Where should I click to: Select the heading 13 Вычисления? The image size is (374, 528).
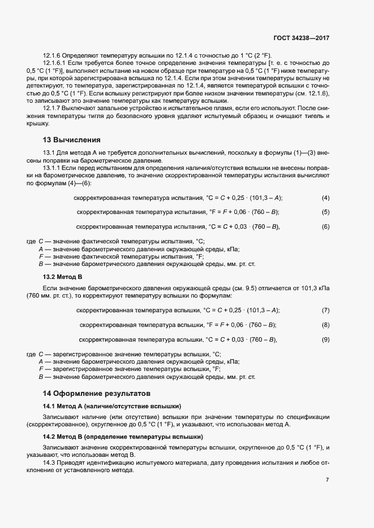72,139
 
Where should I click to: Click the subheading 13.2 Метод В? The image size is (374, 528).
63,277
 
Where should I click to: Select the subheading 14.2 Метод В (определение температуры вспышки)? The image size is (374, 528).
123,437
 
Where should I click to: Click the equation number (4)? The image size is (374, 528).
325,198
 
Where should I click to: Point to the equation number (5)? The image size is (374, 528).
325,212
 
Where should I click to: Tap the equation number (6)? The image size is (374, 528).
325,227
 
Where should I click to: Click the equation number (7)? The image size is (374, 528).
325,311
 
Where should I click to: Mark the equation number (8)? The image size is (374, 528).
325,325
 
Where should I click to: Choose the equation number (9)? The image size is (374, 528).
325,340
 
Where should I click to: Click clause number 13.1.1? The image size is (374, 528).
52,169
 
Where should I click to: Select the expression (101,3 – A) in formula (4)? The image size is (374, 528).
268,198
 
